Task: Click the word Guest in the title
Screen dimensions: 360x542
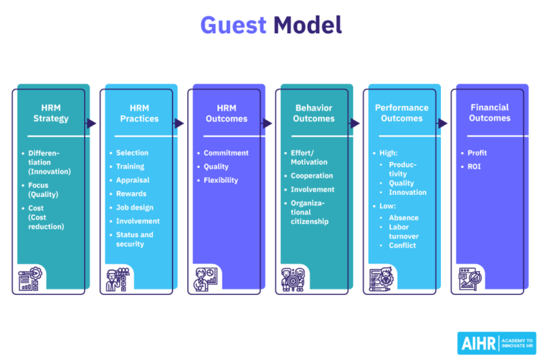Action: [232, 26]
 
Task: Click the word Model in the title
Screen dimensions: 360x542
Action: [308, 26]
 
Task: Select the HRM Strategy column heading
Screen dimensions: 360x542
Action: [51, 113]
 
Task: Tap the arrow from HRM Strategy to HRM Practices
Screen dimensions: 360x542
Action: [91, 124]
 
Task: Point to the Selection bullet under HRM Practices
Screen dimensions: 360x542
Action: [132, 152]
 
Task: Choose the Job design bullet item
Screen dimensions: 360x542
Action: [134, 208]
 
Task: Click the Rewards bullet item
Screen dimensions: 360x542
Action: [131, 193]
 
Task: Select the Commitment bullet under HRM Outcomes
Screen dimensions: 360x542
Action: [226, 152]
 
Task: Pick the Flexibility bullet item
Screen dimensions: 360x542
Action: [221, 180]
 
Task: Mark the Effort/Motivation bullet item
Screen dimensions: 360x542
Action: [309, 157]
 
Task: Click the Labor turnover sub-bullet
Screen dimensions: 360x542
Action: [403, 232]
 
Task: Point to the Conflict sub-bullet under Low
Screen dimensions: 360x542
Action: [402, 245]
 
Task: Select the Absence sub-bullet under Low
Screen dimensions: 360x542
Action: [404, 217]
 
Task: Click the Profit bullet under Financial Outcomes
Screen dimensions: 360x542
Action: [477, 152]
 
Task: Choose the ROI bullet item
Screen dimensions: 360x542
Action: [474, 167]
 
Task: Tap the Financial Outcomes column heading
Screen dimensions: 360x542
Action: [490, 113]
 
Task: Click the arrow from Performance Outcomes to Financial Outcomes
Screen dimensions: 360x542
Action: [442, 124]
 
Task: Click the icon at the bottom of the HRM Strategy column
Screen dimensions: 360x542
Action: [30, 280]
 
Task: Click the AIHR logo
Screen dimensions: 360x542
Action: [496, 343]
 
